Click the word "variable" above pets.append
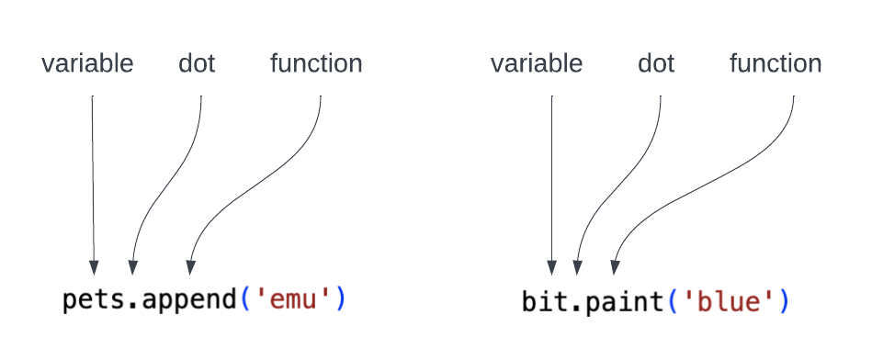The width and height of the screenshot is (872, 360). pyautogui.click(x=87, y=63)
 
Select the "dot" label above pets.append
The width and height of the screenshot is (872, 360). pyautogui.click(x=197, y=63)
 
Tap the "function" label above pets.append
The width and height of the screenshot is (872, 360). pyautogui.click(x=316, y=63)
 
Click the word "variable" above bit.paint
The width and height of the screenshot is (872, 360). pyautogui.click(x=537, y=63)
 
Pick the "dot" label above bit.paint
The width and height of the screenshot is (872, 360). pyautogui.click(x=656, y=63)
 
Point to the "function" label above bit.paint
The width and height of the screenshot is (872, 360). pyautogui.click(x=776, y=63)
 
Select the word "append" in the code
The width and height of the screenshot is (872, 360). pyautogui.click(x=190, y=301)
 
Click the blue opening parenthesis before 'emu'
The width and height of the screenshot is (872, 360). pyautogui.click(x=245, y=300)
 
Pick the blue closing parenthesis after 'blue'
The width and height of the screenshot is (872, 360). pyautogui.click(x=784, y=300)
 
